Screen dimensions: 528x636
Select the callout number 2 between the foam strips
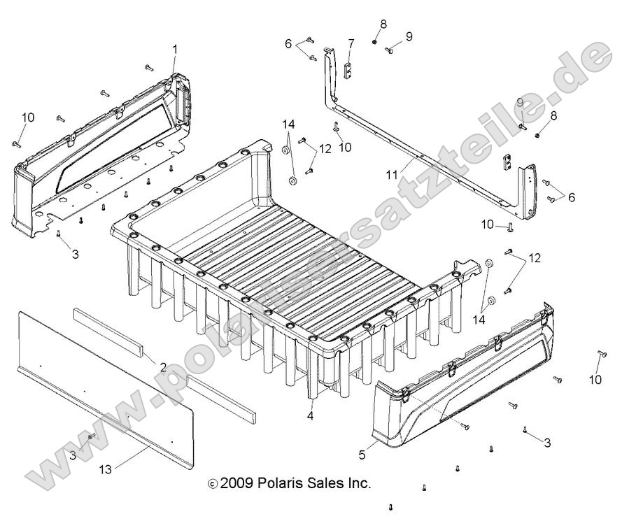[x=162, y=366]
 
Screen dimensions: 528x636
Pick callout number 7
[x=351, y=43]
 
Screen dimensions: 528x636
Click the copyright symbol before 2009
[x=213, y=483]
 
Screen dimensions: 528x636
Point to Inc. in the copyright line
[x=358, y=483]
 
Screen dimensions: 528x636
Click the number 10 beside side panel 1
[x=27, y=117]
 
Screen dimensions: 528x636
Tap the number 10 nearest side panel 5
[x=595, y=380]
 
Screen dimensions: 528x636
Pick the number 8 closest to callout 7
[x=383, y=24]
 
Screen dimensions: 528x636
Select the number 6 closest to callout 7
[x=288, y=43]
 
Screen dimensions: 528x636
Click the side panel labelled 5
[x=462, y=392]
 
